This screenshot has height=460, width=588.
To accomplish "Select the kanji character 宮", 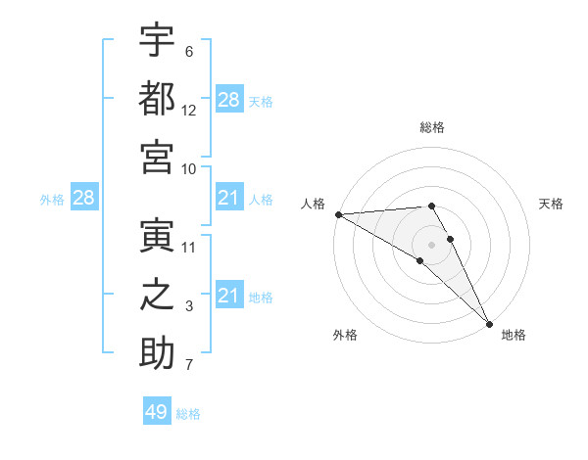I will pyautogui.click(x=157, y=157).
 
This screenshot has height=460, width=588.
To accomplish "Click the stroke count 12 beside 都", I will pyautogui.click(x=189, y=111).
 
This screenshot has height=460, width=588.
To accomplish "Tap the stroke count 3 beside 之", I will pyautogui.click(x=189, y=307).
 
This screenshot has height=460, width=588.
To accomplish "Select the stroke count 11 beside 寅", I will pyautogui.click(x=189, y=248).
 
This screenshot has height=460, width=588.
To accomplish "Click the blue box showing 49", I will pyautogui.click(x=157, y=412).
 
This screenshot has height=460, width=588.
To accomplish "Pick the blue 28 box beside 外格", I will pyautogui.click(x=83, y=199).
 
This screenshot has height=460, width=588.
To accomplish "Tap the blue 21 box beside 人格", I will pyautogui.click(x=228, y=199).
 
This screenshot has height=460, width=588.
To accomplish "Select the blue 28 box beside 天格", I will pyautogui.click(x=228, y=100).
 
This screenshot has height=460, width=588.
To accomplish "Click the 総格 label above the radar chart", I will pyautogui.click(x=432, y=127).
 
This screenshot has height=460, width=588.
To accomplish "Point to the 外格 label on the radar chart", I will pyautogui.click(x=345, y=335).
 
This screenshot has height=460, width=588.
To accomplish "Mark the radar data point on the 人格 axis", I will pyautogui.click(x=338, y=214).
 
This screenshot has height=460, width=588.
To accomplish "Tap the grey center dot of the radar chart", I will pyautogui.click(x=432, y=244).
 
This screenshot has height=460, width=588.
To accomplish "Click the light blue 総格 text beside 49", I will pyautogui.click(x=188, y=413).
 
